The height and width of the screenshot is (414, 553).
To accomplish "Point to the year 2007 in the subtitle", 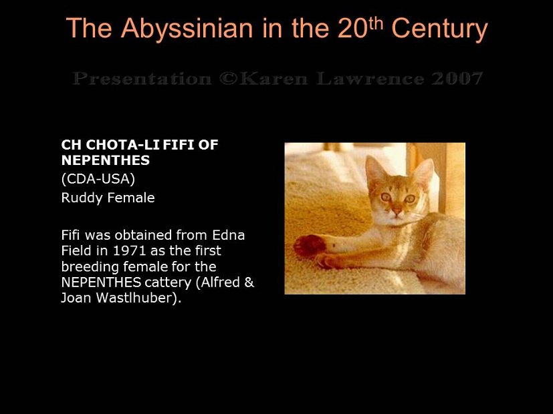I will (x=456, y=79).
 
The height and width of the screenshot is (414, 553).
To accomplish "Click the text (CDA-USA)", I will (x=98, y=180).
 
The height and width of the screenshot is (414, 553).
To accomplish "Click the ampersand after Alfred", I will (x=249, y=282).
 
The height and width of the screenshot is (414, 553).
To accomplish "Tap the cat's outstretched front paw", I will (x=308, y=245).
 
